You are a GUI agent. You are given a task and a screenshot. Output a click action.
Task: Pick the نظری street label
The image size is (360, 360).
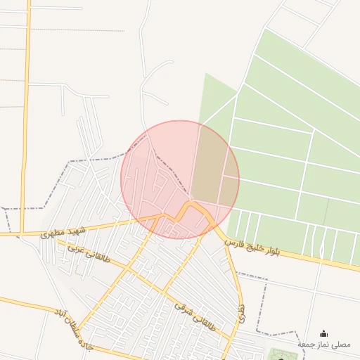pos(242,314)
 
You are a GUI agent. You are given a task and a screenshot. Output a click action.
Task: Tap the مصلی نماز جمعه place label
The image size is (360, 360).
pos(323,345)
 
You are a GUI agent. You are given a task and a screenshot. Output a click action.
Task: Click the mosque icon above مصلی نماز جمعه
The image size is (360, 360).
pos(323,333)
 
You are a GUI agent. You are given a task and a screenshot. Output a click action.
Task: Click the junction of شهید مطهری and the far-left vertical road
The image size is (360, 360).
pos(24,233)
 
